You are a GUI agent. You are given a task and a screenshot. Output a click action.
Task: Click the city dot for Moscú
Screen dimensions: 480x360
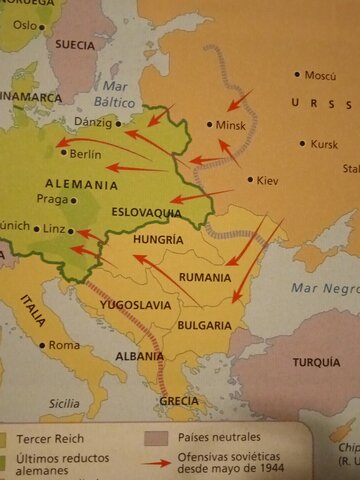coord(297,74)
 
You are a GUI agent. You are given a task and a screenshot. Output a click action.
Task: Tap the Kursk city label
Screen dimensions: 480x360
coord(325,144)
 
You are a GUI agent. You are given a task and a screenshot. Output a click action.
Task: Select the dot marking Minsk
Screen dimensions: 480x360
coord(210,125)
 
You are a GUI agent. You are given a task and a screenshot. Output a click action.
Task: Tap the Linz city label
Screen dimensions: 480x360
coord(54,229)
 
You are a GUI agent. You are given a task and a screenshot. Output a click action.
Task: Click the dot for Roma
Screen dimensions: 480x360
coord(41,345)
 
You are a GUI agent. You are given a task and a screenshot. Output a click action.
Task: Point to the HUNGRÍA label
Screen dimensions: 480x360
coord(157,240)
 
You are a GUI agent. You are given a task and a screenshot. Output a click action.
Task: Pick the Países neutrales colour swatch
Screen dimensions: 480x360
coord(153,438)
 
